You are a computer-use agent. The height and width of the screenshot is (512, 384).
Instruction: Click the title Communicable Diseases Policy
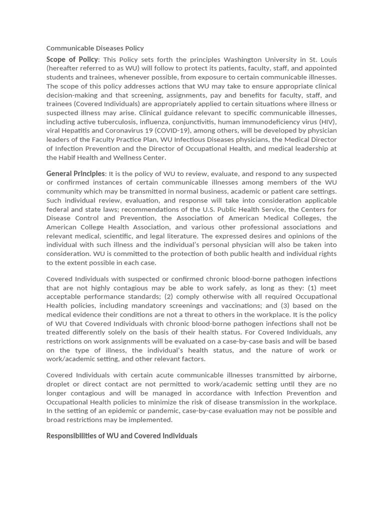click(x=95, y=48)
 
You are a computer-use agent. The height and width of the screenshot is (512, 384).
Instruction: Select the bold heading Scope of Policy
click(x=72, y=59)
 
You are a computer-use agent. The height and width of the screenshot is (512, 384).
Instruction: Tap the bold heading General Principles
click(x=76, y=173)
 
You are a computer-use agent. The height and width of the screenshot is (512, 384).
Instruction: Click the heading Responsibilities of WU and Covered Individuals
click(x=122, y=435)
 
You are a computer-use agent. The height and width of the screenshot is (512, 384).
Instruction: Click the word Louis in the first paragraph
click(x=327, y=59)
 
